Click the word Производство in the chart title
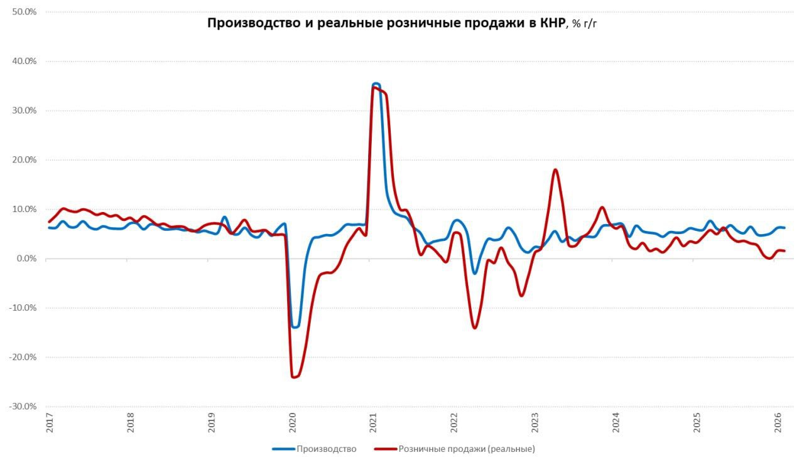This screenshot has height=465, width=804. (x=247, y=23)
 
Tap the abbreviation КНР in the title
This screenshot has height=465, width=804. (x=551, y=23)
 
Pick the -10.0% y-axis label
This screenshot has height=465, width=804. (x=24, y=308)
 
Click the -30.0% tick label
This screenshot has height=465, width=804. (x=24, y=407)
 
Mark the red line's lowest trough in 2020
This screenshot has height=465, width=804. (x=293, y=377)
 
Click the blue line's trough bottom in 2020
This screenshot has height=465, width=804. (x=295, y=327)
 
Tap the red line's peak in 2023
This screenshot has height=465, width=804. (x=555, y=169)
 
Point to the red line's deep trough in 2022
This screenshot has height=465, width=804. (x=474, y=328)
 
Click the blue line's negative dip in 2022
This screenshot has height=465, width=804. (x=475, y=273)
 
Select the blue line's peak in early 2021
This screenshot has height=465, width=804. (x=376, y=83)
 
